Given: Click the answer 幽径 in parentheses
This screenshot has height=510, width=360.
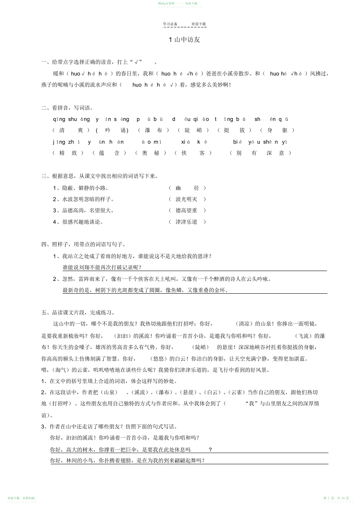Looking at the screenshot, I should coord(187,188).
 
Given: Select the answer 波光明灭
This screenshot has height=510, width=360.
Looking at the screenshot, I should coord(187,199).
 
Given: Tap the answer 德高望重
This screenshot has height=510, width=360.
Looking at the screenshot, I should coord(187,211).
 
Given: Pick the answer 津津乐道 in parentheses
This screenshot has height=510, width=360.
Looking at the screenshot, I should coord(187,222).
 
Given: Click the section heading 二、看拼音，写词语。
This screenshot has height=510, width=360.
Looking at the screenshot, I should coord(67,108).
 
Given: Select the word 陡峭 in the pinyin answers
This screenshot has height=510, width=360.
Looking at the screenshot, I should coord(194,130).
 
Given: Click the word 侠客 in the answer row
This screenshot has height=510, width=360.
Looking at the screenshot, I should coord(193,153).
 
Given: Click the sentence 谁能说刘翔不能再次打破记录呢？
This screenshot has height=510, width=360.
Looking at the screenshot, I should coord(102,268).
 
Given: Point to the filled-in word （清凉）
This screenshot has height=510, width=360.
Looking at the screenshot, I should coord(244,324).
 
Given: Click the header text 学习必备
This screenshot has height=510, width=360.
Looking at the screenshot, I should coord(170,24).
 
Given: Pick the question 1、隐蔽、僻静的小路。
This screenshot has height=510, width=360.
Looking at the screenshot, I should coord(81,188).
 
